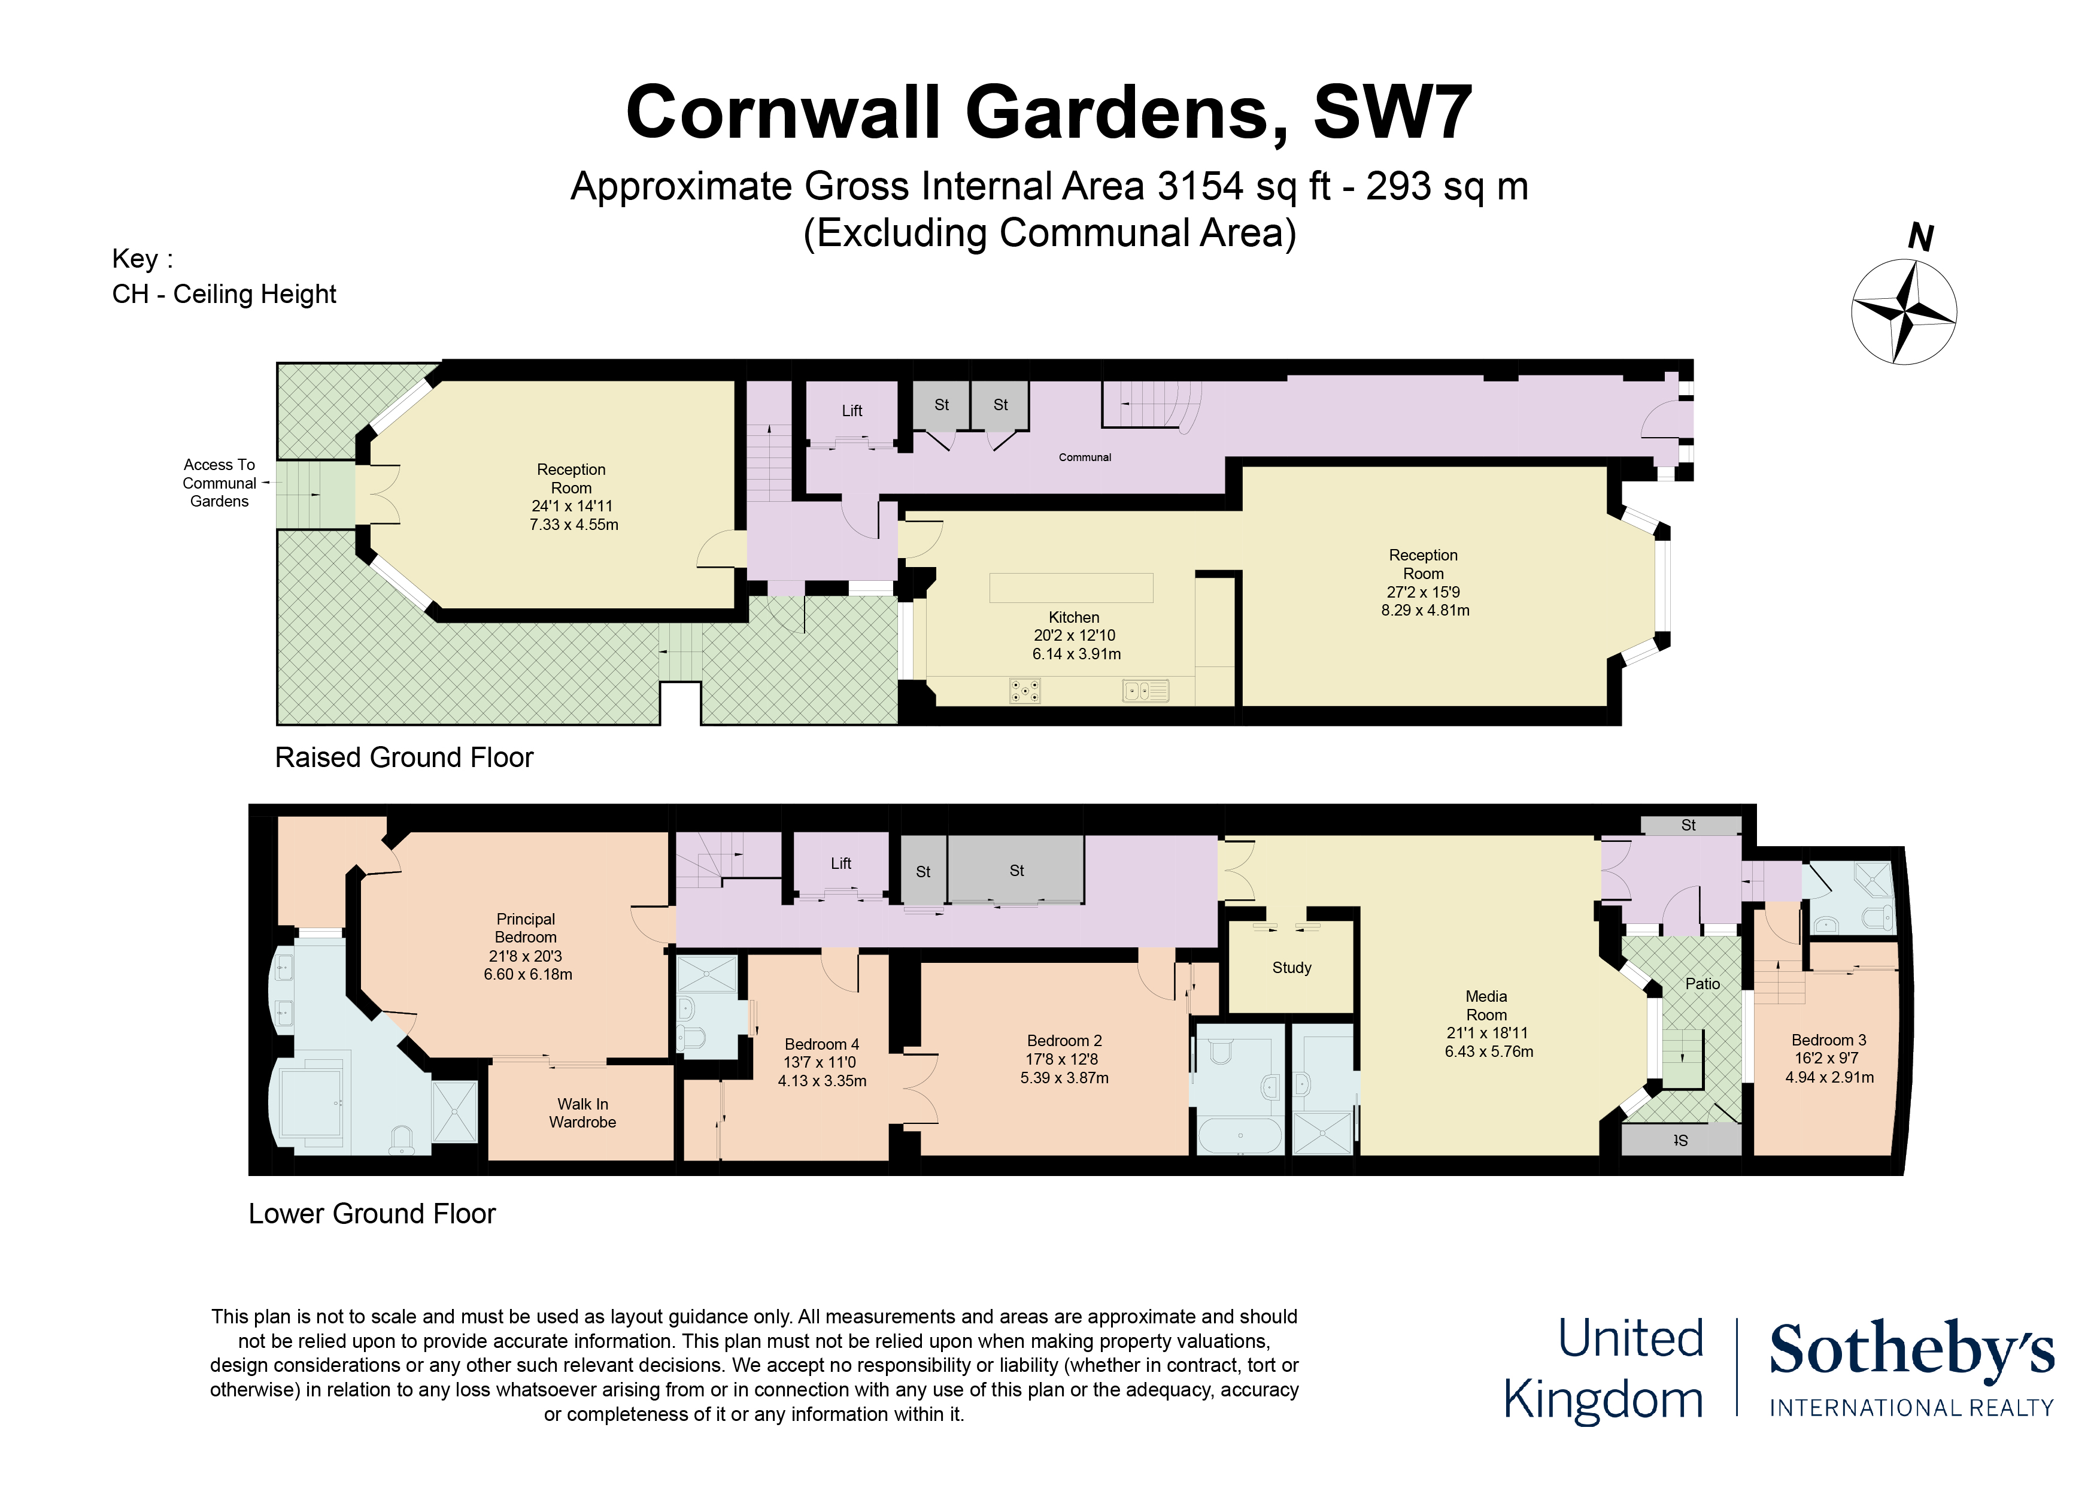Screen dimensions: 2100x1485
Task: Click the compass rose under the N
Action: click(x=1904, y=312)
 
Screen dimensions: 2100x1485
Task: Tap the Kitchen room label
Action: click(x=1074, y=617)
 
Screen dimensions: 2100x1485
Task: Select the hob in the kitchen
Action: click(x=1024, y=691)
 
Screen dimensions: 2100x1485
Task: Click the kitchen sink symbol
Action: click(x=1146, y=691)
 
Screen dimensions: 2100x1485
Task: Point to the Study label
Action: click(x=1291, y=968)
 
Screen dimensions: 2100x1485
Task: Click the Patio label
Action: click(x=1702, y=984)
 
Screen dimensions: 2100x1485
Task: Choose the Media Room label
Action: click(x=1486, y=1005)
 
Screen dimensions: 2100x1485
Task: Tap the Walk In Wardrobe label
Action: click(x=582, y=1114)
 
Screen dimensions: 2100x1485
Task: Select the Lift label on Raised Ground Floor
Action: click(x=851, y=411)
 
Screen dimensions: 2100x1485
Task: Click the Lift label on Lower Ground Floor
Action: click(x=840, y=863)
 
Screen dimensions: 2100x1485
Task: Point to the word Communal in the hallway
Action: click(x=1085, y=457)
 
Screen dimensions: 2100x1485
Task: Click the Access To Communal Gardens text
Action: click(x=220, y=483)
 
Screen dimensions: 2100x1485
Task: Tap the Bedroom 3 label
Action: click(x=1828, y=1040)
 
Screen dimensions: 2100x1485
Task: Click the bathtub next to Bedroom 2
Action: click(x=1240, y=1135)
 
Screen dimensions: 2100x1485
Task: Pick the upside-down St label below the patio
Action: click(x=1680, y=1141)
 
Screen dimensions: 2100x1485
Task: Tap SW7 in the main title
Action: click(x=1392, y=113)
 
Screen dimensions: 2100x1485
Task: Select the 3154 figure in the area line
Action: click(x=1199, y=187)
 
